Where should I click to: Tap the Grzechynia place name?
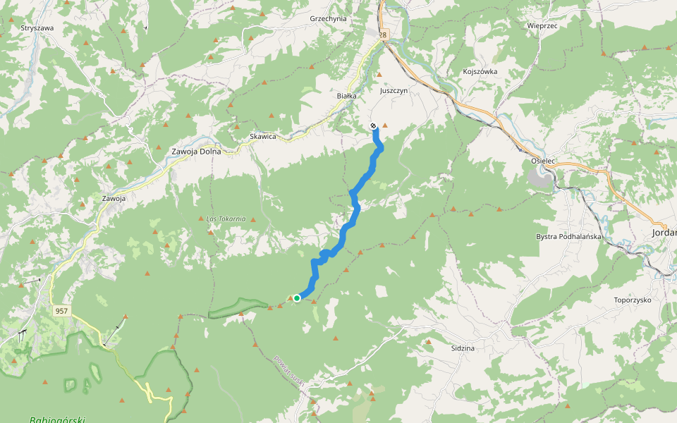click(328, 19)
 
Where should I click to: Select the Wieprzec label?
click(542, 25)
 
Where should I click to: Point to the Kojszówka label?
click(480, 71)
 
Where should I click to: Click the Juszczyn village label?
click(394, 91)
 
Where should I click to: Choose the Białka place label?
click(347, 95)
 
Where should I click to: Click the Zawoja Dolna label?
click(197, 152)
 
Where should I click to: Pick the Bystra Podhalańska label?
click(568, 236)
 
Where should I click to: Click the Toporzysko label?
click(633, 300)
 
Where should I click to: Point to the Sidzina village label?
click(463, 348)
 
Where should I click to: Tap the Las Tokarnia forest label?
click(226, 219)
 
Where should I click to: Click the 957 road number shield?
click(61, 311)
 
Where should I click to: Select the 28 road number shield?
click(383, 35)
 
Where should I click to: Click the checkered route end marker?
click(373, 125)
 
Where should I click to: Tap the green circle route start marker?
click(297, 298)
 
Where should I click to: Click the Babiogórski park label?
click(57, 419)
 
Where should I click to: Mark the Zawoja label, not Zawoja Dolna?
click(114, 199)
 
